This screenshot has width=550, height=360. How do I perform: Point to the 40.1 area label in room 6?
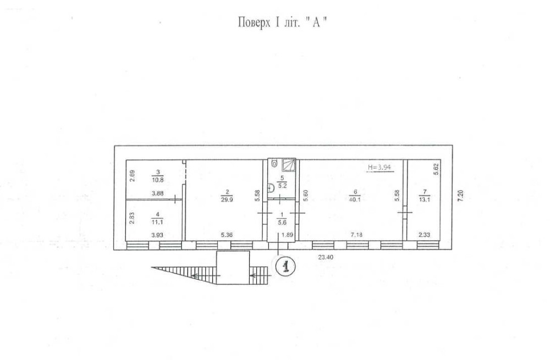355,200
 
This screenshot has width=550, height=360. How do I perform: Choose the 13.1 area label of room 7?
422,200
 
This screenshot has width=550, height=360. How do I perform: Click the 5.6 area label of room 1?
283,222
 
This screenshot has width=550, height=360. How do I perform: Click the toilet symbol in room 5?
274,163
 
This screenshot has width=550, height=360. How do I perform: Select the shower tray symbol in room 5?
289,163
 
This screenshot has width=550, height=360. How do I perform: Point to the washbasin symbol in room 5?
270,187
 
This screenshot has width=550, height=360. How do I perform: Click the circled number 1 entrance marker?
285,267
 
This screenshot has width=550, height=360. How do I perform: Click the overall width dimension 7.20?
461,196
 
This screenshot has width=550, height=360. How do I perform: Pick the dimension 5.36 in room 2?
227,235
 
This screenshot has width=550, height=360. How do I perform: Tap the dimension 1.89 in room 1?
287,235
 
